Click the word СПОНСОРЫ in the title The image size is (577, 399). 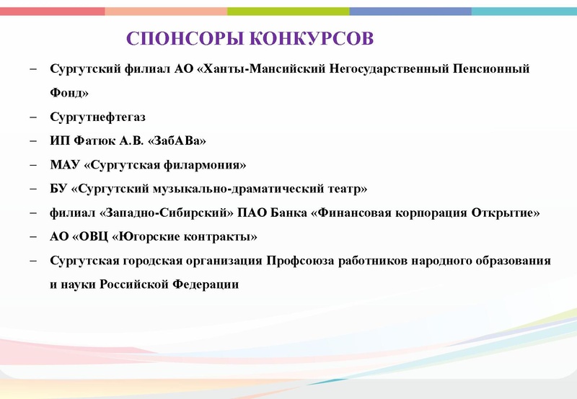184,38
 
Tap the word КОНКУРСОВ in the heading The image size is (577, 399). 311,38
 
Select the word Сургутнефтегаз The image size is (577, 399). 93,116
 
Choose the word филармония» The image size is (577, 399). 206,165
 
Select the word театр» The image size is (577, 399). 346,189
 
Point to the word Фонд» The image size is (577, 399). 69,92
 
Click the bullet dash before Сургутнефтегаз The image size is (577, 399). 34,116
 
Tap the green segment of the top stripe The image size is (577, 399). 288,12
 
